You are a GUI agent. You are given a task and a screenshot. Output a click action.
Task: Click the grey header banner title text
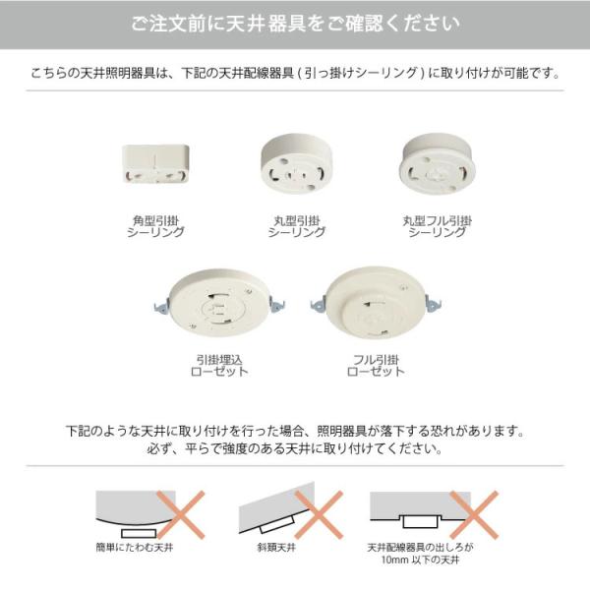coord(295,24)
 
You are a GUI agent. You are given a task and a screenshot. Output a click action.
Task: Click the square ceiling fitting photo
coord(155,163)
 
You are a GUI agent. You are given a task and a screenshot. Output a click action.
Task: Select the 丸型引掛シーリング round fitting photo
coord(297,164)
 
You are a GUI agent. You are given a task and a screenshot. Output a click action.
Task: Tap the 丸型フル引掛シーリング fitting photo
coord(438,164)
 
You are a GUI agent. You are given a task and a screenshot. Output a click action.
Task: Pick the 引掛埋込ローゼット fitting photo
coord(219,303)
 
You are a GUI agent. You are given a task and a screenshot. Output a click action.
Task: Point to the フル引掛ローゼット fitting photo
coord(376,303)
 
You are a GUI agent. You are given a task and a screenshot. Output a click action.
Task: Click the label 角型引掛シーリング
coord(155,226)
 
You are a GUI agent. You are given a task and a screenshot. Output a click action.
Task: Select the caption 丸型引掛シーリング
coord(297,226)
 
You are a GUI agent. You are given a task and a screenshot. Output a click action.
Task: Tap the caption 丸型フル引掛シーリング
coord(438,226)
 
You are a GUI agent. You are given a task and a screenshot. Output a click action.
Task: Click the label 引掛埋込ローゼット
coord(219,366)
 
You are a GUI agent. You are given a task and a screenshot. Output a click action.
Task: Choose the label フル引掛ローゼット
coord(376,366)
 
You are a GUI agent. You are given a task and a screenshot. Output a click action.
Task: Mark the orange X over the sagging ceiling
coord(181,514)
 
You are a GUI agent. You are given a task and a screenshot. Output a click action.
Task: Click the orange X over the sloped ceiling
coord(319,514)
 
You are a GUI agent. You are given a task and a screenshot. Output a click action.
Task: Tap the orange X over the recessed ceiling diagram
coord(474,514)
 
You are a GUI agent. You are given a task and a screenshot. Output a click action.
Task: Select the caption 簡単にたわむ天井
coord(135,548)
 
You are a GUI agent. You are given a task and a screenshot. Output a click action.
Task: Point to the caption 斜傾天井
coord(276,548)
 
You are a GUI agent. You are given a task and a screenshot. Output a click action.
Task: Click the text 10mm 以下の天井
coord(420,560)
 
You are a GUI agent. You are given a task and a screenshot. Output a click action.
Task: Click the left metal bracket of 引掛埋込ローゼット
coord(161,306)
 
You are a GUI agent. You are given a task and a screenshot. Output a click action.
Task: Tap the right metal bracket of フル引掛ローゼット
coord(433,304)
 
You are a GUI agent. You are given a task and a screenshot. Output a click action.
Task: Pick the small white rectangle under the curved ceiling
coord(139,533)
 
